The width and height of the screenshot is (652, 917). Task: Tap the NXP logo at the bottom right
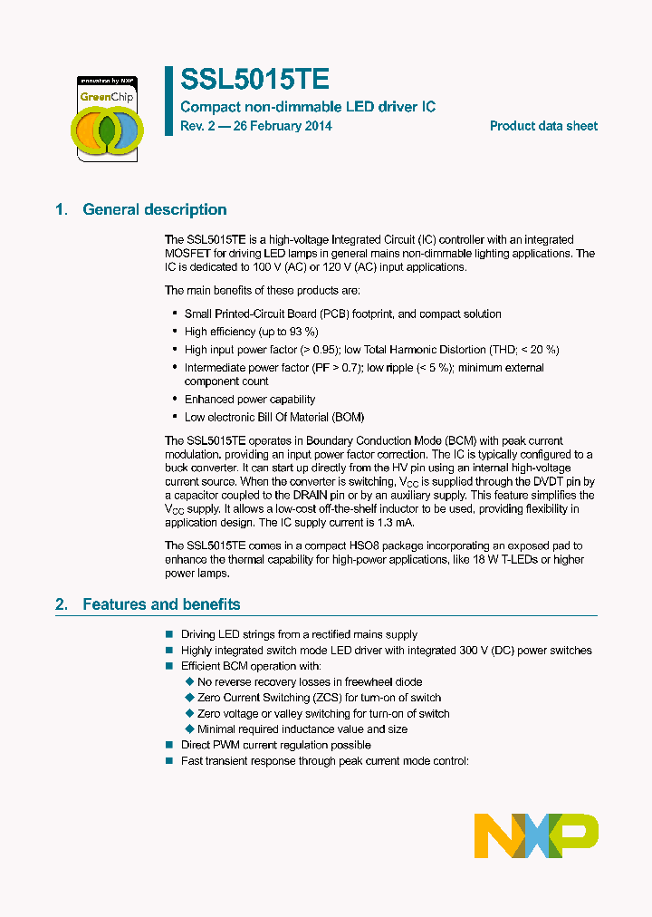536,835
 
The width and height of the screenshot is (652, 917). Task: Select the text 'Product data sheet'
543,126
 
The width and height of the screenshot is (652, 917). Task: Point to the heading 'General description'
155,209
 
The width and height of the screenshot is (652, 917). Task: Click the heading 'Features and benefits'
161,603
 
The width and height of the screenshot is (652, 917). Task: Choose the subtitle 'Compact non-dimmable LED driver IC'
308,107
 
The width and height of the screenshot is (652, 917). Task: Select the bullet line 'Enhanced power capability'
250,399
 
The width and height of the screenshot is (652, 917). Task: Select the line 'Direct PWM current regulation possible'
275,745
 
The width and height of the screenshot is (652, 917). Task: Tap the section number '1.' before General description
62,209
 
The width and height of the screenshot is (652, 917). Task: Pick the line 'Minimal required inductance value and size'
302,729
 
